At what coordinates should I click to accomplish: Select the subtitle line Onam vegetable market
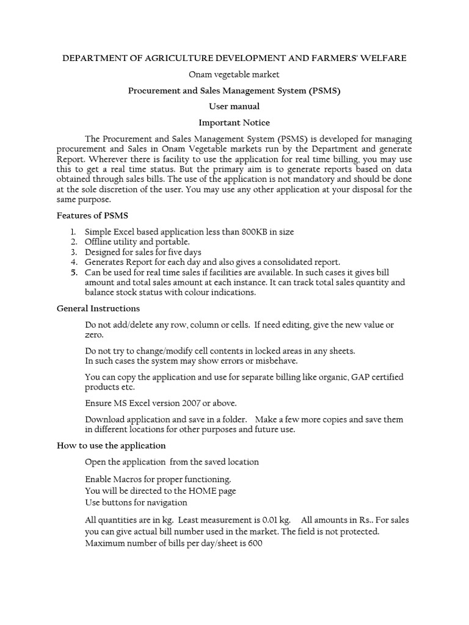click(234, 74)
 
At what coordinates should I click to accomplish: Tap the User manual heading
click(234, 106)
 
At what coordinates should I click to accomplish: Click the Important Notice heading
click(234, 123)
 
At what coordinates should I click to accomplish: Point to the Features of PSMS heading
click(92, 215)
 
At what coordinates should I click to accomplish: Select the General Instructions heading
click(98, 308)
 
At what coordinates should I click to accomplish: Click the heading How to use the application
click(111, 445)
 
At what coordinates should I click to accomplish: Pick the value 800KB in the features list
click(245, 232)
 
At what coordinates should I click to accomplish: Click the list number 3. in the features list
click(73, 251)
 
